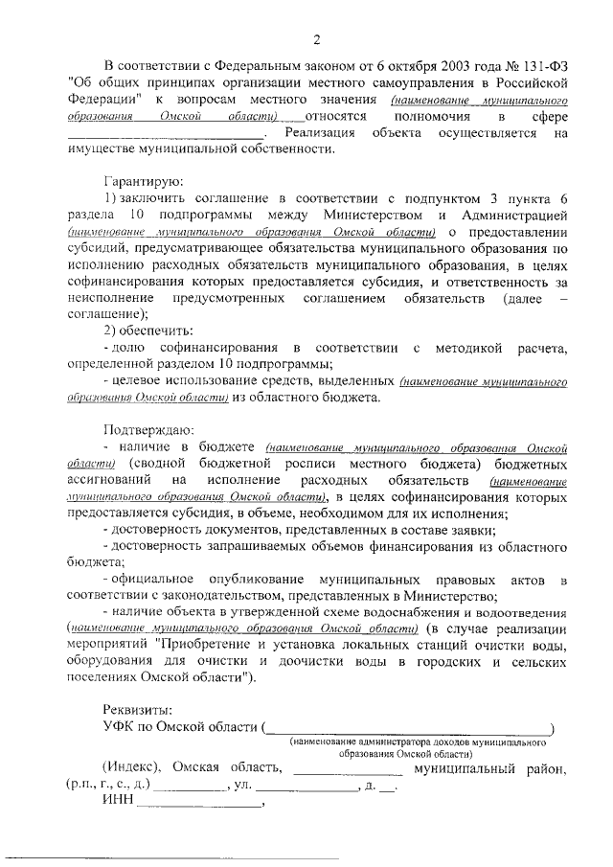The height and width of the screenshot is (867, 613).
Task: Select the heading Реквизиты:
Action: [x=137, y=710]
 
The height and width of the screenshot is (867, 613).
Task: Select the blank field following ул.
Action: [x=305, y=787]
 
